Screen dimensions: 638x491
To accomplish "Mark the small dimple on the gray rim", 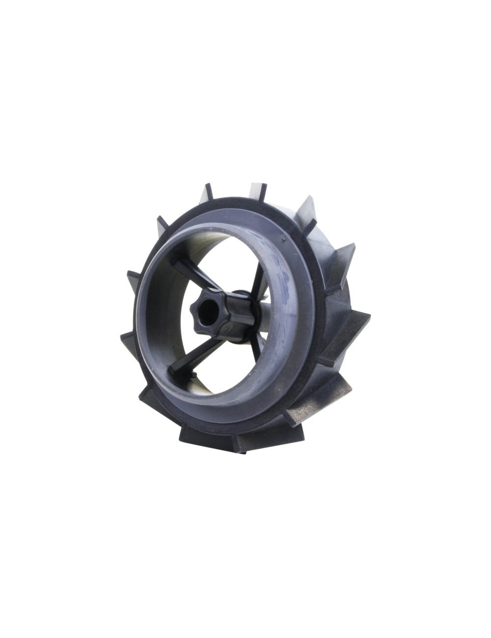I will pyautogui.click(x=283, y=239).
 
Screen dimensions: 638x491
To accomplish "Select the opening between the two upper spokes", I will pyautogui.click(x=221, y=255).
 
